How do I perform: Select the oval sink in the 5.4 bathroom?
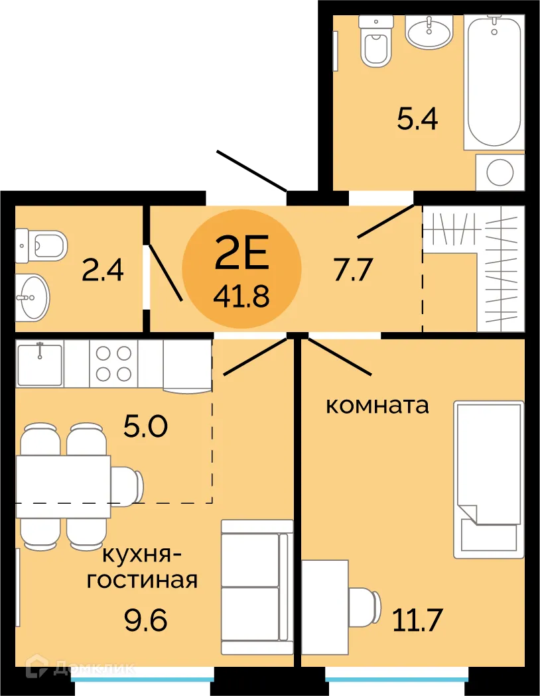(x=429, y=31)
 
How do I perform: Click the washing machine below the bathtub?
(x=500, y=172)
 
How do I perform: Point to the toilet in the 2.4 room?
(x=42, y=245)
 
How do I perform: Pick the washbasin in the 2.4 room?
(x=31, y=296)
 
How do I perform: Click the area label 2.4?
(x=102, y=270)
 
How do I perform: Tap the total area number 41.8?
(x=241, y=296)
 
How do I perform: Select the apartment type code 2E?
(x=241, y=254)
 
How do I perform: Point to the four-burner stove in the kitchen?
(x=113, y=363)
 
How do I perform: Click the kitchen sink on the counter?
(x=40, y=363)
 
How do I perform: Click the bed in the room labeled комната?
(x=488, y=479)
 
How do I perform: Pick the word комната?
(x=377, y=405)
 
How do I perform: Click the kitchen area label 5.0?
(x=146, y=426)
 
